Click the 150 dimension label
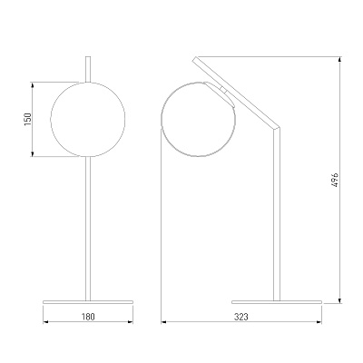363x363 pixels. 28,119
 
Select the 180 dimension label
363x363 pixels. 88,317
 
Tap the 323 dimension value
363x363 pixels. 241,317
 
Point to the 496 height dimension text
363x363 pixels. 335,180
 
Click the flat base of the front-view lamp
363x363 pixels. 88,302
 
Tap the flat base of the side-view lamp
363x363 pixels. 277,302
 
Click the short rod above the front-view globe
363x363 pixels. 88,69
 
